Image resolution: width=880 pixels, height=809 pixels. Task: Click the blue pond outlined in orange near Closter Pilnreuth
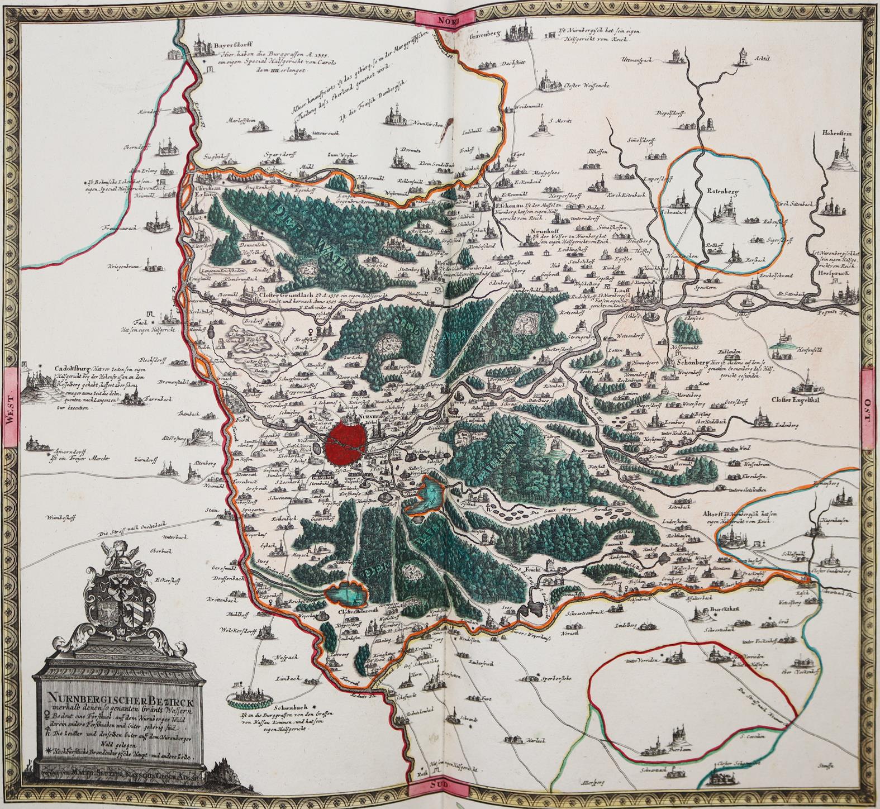click(346, 593)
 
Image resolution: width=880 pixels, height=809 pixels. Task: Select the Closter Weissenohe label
click(581, 86)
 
